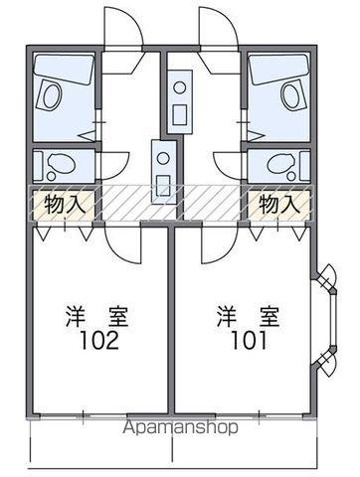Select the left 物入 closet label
[56, 205]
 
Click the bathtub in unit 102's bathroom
[63, 93]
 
